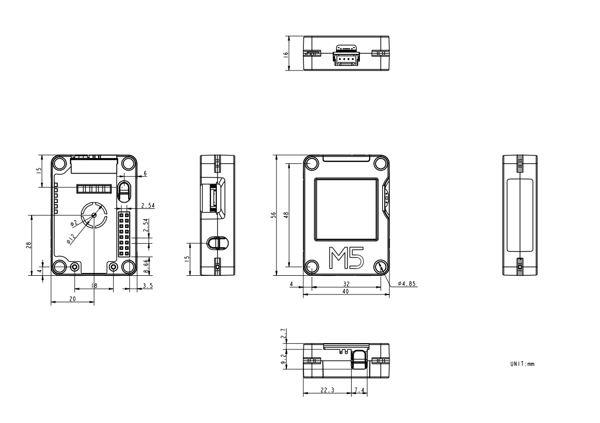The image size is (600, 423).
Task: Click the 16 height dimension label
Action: pyautogui.click(x=285, y=54)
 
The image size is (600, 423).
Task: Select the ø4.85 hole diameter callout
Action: pyautogui.click(x=407, y=284)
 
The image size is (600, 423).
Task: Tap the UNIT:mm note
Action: pyautogui.click(x=522, y=364)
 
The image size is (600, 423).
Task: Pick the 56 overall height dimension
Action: pyautogui.click(x=274, y=215)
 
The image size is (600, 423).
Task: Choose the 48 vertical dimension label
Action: pyautogui.click(x=286, y=215)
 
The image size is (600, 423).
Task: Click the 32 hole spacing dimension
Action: pyautogui.click(x=346, y=284)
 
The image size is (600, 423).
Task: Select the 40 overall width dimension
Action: pyautogui.click(x=345, y=291)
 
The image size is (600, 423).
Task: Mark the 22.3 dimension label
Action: pyautogui.click(x=327, y=390)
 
